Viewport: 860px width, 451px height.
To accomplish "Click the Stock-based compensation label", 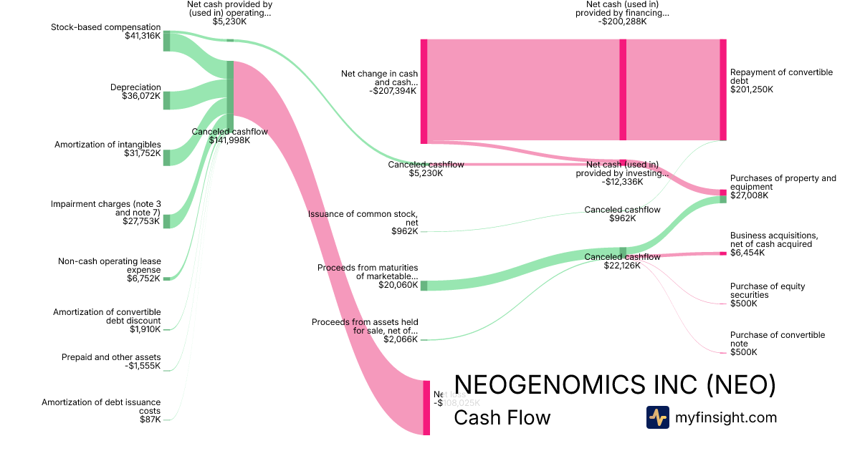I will (106, 27).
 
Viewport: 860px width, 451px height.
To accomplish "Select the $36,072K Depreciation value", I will (142, 95).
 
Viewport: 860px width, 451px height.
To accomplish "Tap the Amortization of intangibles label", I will (107, 145).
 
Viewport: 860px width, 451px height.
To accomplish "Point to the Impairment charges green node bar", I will (166, 221).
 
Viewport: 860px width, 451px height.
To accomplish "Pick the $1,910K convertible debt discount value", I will (145, 329).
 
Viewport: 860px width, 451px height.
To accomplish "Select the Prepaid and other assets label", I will (111, 357).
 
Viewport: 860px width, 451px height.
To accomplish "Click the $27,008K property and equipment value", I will (749, 195).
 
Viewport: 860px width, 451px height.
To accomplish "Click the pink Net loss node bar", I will (426, 407).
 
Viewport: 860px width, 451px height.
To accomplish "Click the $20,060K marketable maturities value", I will (398, 285).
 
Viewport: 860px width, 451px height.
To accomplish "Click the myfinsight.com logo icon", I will (657, 417).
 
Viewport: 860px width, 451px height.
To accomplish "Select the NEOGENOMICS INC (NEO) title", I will (615, 385).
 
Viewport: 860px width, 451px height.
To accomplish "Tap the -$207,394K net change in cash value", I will (394, 91).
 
